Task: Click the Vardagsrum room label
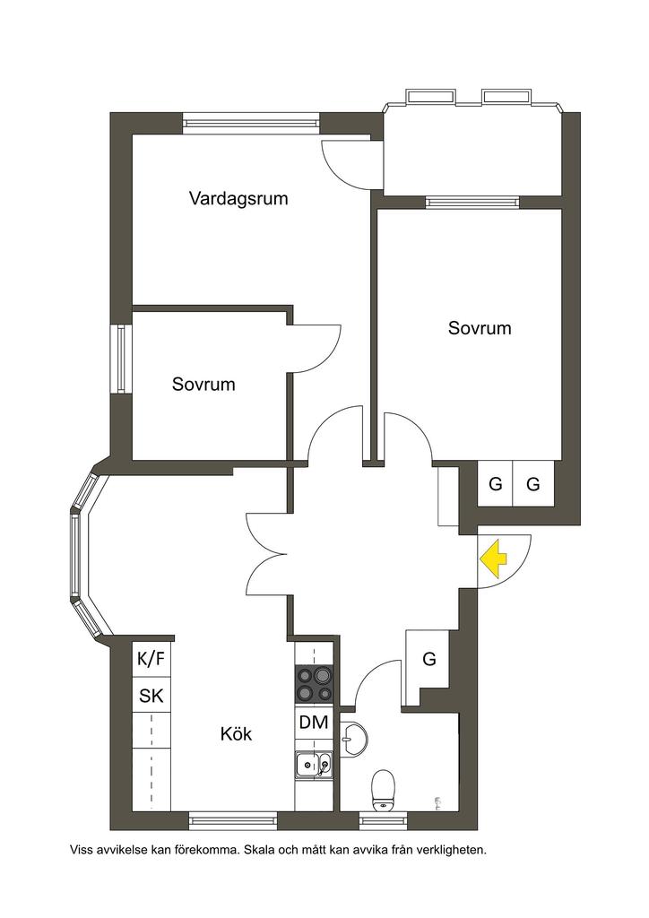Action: (x=238, y=198)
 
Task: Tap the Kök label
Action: (x=236, y=733)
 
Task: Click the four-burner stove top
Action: (x=314, y=684)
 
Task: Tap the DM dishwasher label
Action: (x=314, y=723)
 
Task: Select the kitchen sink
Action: (x=314, y=765)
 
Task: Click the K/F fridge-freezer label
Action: (x=151, y=659)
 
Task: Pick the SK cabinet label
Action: (x=151, y=696)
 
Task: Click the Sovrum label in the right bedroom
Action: (x=480, y=328)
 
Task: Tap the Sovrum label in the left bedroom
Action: (x=203, y=385)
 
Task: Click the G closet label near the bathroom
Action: (x=429, y=659)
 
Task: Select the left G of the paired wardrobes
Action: (x=495, y=485)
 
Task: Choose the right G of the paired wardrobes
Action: (x=532, y=485)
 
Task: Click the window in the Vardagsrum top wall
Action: (x=251, y=123)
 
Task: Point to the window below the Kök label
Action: (x=233, y=821)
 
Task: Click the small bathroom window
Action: (x=383, y=821)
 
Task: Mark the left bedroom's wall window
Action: (x=121, y=359)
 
